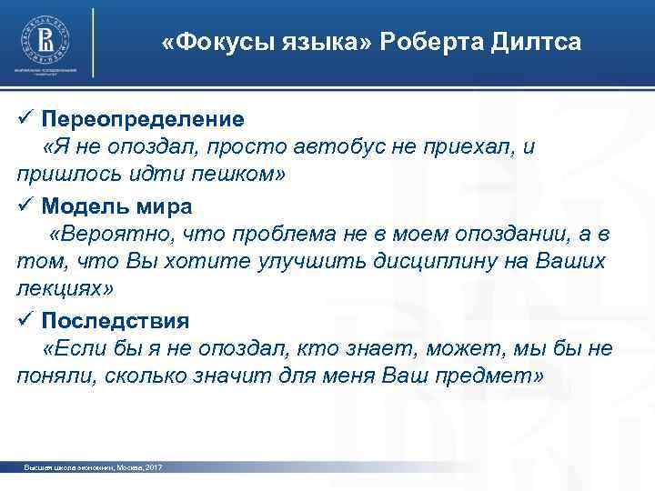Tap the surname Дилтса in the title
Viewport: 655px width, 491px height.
[536, 43]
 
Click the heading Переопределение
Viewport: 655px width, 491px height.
[142, 119]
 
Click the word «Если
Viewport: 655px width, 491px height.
[72, 349]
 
